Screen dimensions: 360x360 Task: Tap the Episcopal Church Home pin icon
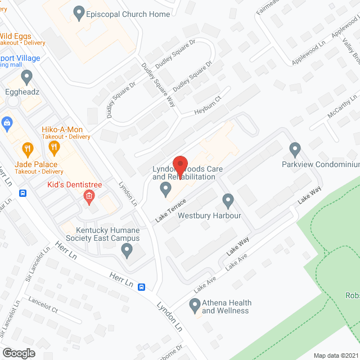click(x=79, y=11)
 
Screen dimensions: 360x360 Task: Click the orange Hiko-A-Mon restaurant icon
click(x=55, y=148)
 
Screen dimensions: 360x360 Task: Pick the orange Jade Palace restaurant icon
click(x=26, y=149)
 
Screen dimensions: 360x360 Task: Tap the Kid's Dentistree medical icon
click(x=88, y=196)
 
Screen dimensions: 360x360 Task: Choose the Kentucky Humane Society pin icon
click(x=127, y=249)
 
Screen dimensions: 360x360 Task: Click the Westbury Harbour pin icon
click(x=228, y=200)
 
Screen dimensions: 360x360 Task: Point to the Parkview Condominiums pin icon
click(x=295, y=150)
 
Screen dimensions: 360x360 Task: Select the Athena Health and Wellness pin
click(x=195, y=307)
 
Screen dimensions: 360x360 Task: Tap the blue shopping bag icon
click(x=7, y=122)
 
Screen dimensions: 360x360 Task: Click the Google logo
click(x=19, y=353)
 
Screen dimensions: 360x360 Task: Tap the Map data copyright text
click(x=336, y=355)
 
